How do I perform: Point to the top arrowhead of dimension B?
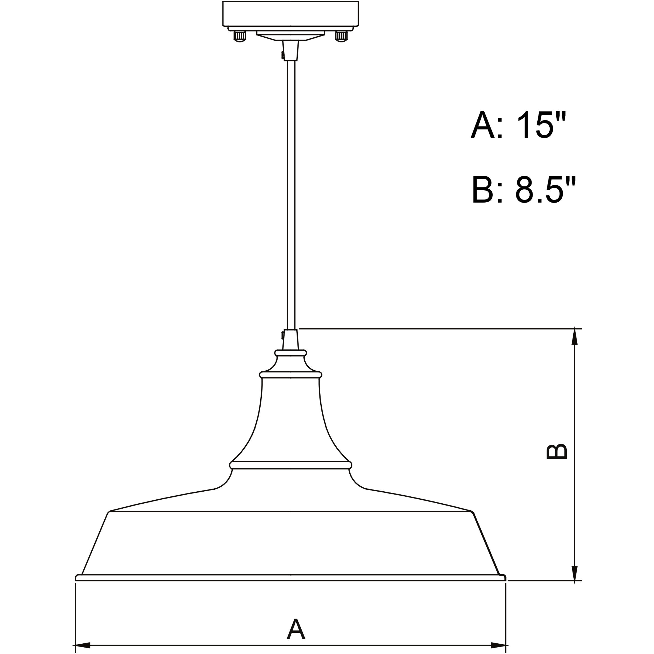[574, 336]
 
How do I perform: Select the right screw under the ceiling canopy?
[341, 36]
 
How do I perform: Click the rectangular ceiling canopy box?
[290, 14]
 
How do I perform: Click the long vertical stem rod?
[291, 193]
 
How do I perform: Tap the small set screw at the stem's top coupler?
[283, 55]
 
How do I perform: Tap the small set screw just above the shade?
[283, 335]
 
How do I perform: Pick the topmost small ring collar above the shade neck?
[291, 353]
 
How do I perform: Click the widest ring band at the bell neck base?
[291, 465]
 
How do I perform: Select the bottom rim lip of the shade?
[290, 578]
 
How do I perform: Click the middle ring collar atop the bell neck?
[291, 375]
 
